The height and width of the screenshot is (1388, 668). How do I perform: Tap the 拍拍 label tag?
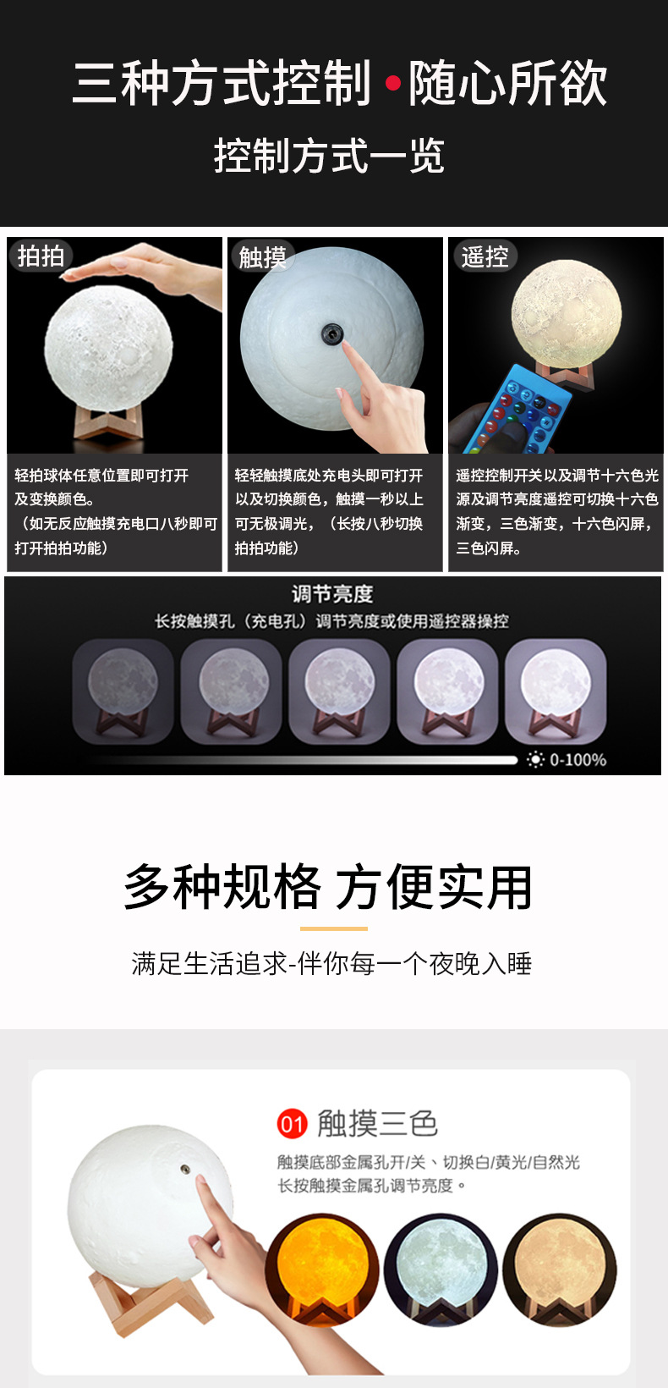[41, 256]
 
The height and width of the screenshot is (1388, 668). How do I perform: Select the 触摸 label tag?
[262, 256]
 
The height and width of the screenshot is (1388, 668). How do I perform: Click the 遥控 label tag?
[485, 256]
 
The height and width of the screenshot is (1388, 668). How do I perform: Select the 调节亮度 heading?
[332, 594]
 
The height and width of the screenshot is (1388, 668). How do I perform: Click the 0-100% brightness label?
[578, 760]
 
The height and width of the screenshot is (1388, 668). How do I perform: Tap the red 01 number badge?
[292, 1124]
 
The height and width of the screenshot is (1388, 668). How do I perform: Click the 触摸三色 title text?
[377, 1124]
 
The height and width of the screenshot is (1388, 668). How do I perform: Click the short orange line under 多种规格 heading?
[333, 928]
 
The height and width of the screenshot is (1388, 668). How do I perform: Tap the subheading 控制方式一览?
[329, 157]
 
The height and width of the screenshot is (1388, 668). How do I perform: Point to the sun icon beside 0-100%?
[535, 760]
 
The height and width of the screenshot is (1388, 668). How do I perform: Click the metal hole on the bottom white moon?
[184, 1169]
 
